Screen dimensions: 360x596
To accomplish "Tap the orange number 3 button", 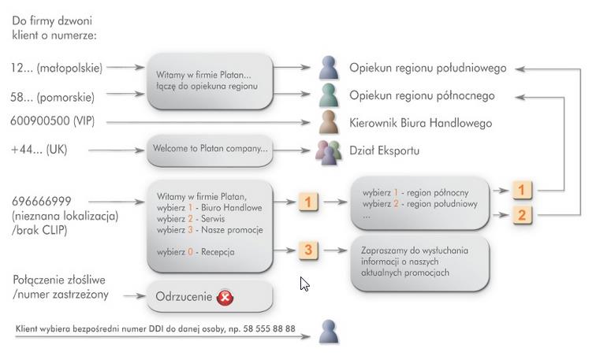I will [x=308, y=251].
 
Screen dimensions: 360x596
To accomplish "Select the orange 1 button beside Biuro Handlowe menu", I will [x=308, y=202].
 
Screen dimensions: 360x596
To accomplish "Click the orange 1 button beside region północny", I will [x=522, y=190].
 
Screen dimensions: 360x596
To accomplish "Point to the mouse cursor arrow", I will [x=304, y=283].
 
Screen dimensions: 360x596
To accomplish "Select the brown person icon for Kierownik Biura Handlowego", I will [x=328, y=123].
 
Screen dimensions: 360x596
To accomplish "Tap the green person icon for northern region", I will [x=328, y=96].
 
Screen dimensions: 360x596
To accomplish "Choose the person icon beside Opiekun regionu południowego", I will [x=328, y=69].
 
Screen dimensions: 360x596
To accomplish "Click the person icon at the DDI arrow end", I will [x=328, y=331].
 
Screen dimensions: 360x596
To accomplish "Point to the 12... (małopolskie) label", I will [x=58, y=68].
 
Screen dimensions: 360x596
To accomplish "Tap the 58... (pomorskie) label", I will [x=54, y=97].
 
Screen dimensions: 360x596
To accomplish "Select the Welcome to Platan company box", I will [x=210, y=149].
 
